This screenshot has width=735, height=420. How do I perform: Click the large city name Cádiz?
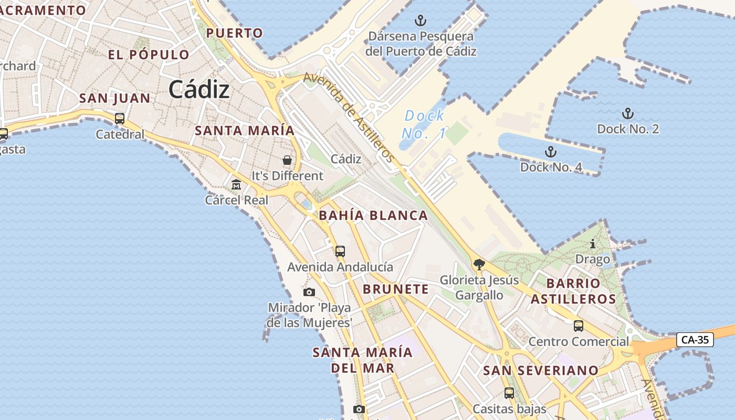tap(199, 90)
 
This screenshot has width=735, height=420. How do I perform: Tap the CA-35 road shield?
tap(695, 340)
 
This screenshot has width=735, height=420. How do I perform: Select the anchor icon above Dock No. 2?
tap(627, 113)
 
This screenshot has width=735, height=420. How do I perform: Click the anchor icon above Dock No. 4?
tap(550, 152)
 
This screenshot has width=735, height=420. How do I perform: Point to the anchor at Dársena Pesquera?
tap(420, 21)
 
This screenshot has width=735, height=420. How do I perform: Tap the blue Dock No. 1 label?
tap(424, 124)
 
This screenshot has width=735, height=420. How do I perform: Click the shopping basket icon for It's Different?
tap(287, 160)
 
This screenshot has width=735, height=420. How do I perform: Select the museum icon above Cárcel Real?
tap(236, 185)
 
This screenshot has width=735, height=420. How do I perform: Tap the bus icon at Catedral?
tap(120, 119)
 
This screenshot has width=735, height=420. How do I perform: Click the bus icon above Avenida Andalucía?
tap(340, 251)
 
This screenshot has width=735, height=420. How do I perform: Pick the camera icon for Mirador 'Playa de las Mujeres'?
tap(309, 292)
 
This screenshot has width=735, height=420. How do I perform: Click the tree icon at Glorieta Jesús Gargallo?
tap(478, 264)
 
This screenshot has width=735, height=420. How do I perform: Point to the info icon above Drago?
tap(593, 244)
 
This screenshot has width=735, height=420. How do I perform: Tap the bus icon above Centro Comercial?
tap(578, 326)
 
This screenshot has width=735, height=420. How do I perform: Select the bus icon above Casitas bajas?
tap(509, 393)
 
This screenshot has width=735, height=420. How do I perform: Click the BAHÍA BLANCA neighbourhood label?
tap(373, 215)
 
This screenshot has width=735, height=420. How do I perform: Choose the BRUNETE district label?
tap(396, 289)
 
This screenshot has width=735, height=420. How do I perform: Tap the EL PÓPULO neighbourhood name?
tap(149, 55)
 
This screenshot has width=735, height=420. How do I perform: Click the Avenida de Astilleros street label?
tap(349, 117)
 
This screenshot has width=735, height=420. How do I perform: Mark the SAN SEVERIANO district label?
tap(541, 371)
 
